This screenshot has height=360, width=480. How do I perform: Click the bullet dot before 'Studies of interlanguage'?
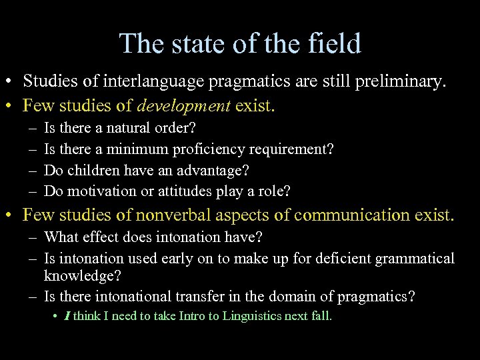(x=11, y=82)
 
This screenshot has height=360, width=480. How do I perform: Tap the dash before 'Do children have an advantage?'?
(x=32, y=171)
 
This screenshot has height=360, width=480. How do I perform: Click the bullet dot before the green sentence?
(x=54, y=317)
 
